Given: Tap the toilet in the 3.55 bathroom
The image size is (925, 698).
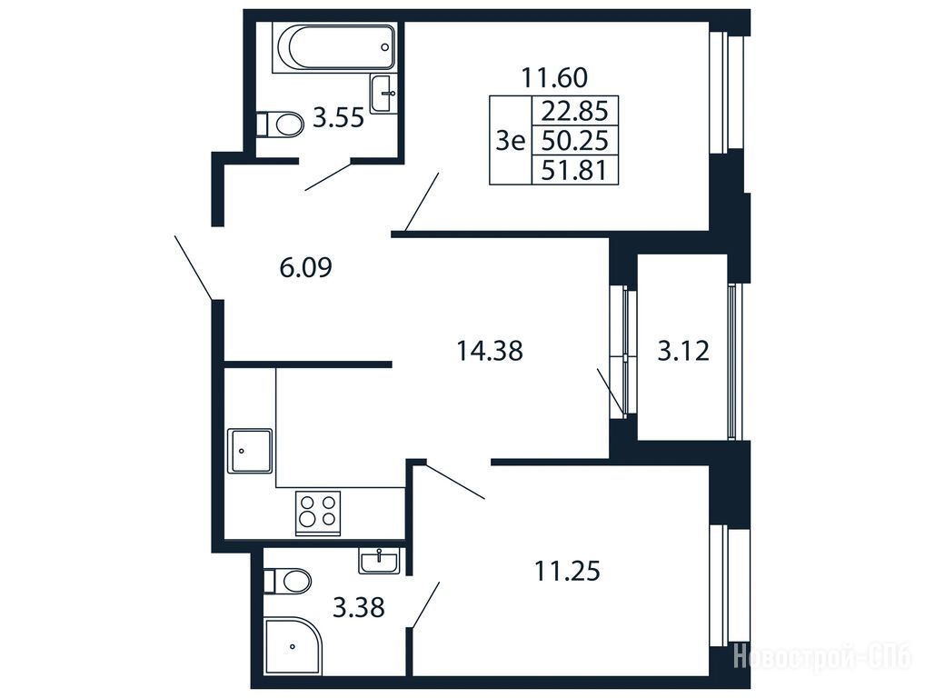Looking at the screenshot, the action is tap(280, 124).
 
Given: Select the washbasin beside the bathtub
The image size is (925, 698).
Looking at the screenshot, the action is tap(383, 94).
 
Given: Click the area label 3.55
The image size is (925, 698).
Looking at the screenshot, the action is tap(338, 119).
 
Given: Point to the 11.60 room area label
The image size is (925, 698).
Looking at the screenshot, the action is tap(554, 77).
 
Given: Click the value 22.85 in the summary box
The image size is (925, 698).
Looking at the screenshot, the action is tap(575, 110).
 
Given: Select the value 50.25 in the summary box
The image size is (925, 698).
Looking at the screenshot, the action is tap(575, 141).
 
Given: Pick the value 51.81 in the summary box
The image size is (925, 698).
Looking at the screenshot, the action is tap(575, 171).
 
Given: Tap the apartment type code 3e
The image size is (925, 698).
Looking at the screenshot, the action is tap(511, 141).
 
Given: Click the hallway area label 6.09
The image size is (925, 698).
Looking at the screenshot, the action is tap(305, 268).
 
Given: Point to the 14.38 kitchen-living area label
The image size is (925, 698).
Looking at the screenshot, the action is tap(490, 351).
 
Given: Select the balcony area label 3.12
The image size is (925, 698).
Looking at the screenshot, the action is tap(683, 351).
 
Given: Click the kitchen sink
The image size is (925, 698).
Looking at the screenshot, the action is tap(250, 451).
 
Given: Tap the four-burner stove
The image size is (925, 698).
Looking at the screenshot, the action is tap(318, 513).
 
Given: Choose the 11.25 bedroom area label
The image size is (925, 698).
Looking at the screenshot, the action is tap(567, 571).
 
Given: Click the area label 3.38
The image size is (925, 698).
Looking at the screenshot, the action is tap(359, 607).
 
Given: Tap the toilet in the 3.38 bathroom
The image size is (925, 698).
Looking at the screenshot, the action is tap(287, 581).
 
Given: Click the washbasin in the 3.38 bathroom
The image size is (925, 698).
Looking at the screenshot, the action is tap(379, 561).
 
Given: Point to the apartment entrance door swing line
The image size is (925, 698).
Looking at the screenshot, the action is tap(194, 266).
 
